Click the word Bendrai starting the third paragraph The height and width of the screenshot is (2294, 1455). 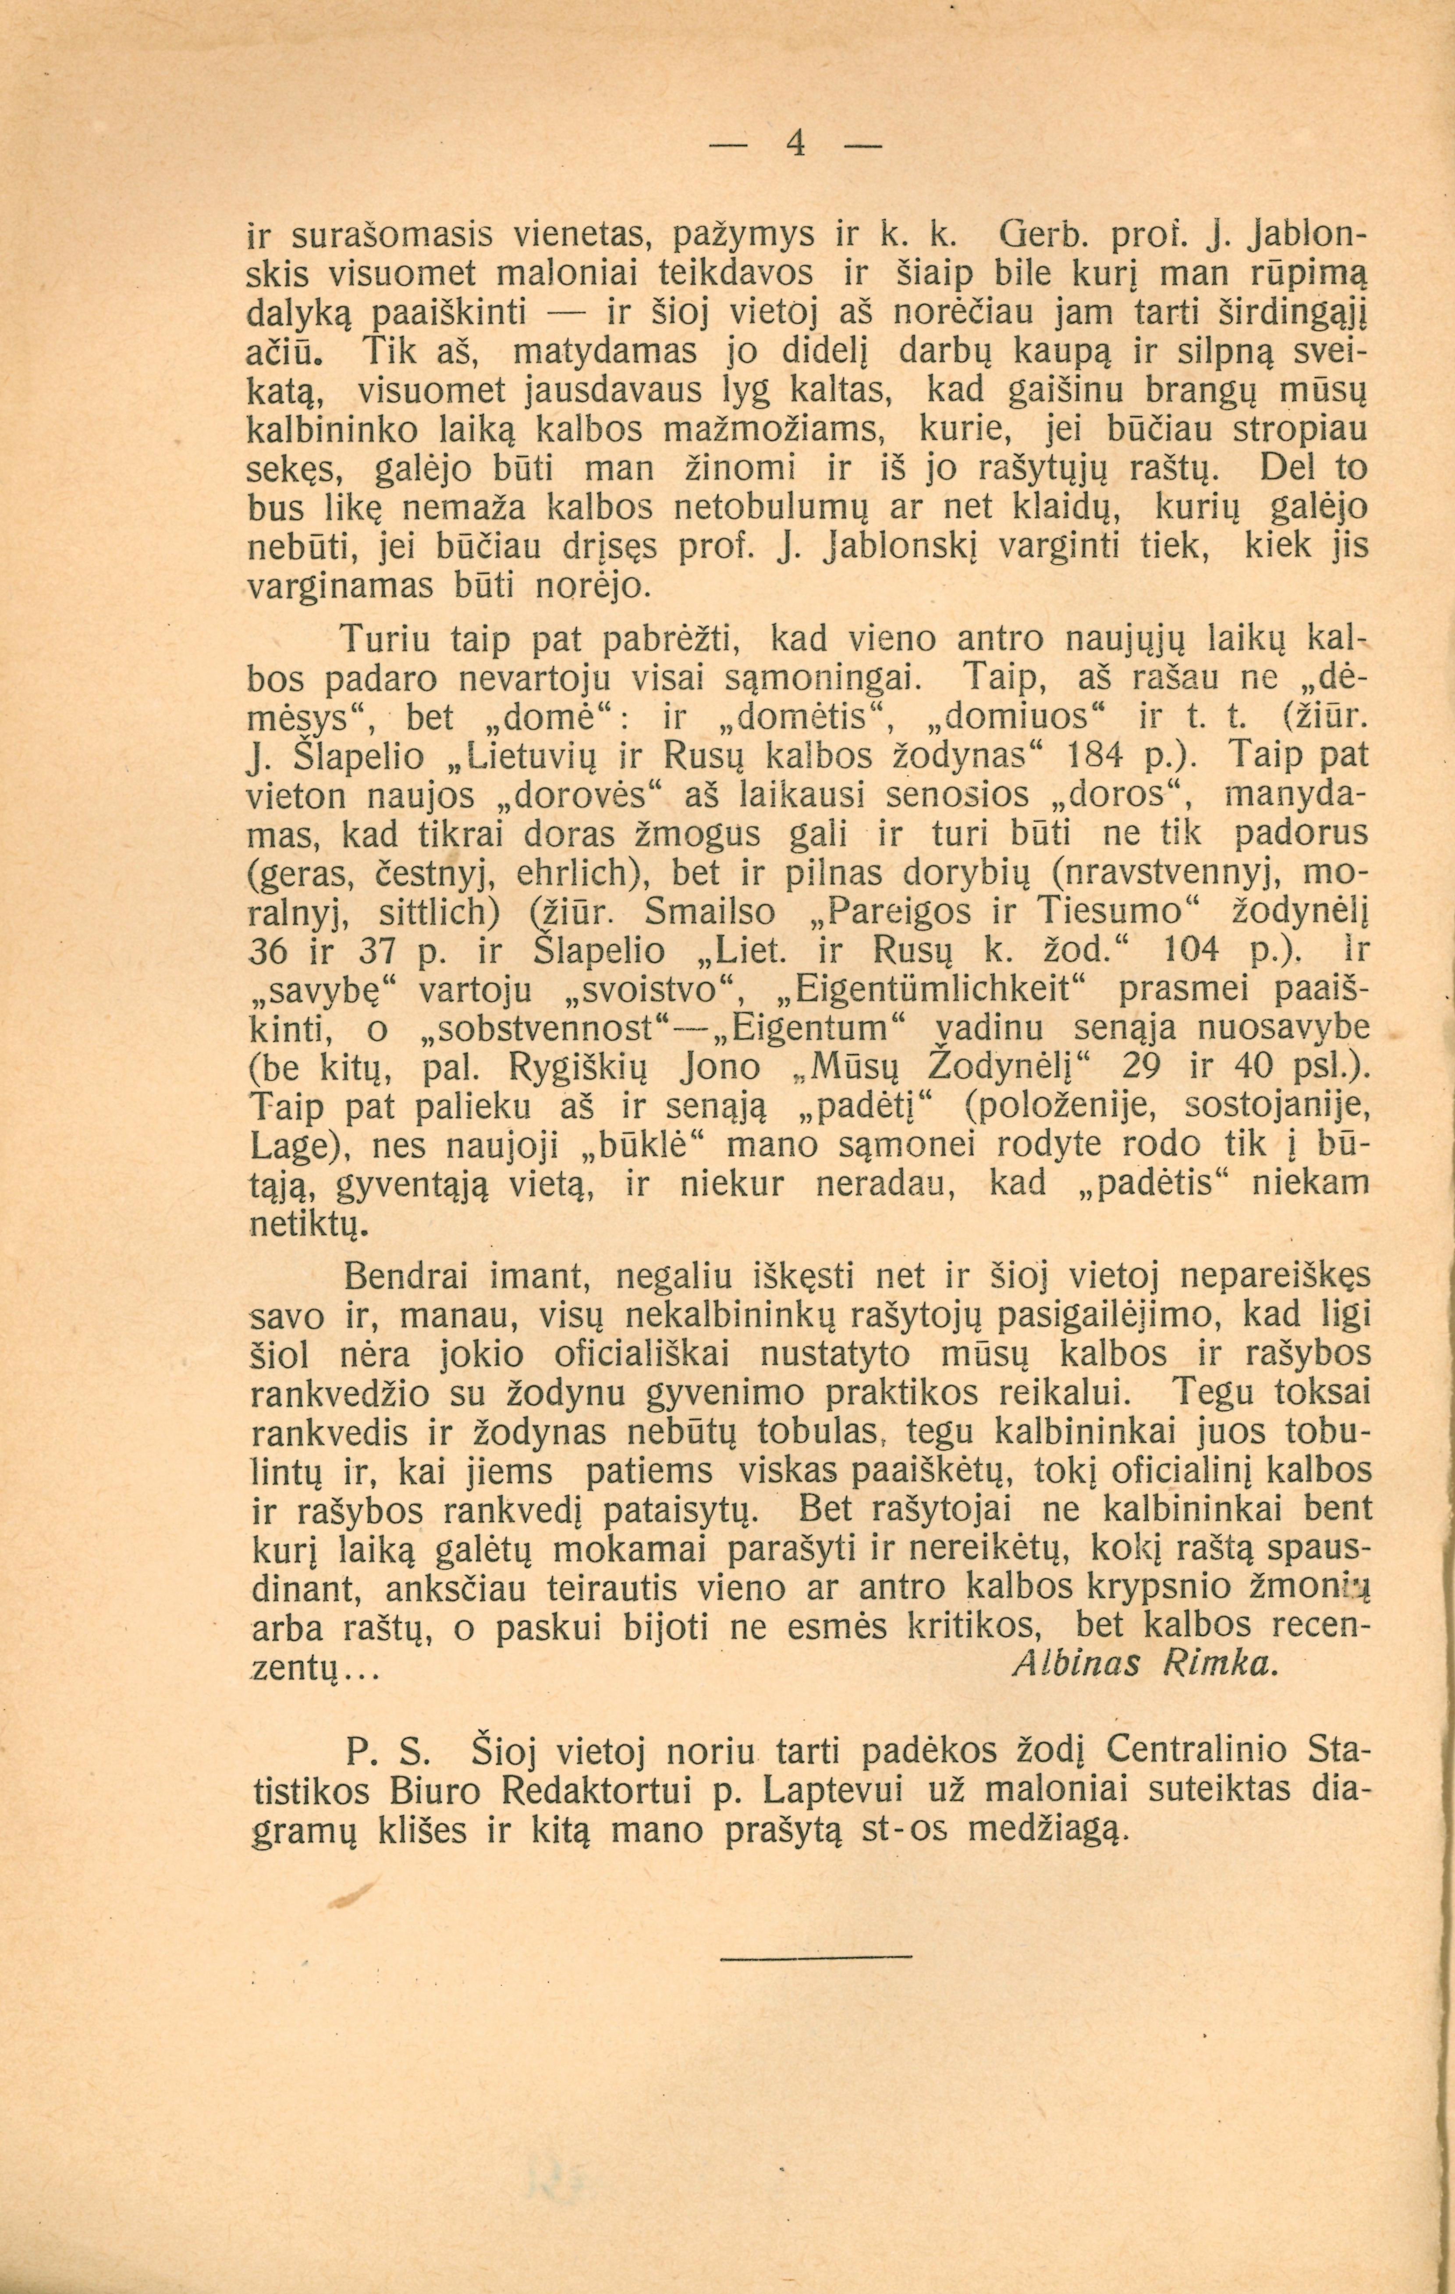pos(410,1275)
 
